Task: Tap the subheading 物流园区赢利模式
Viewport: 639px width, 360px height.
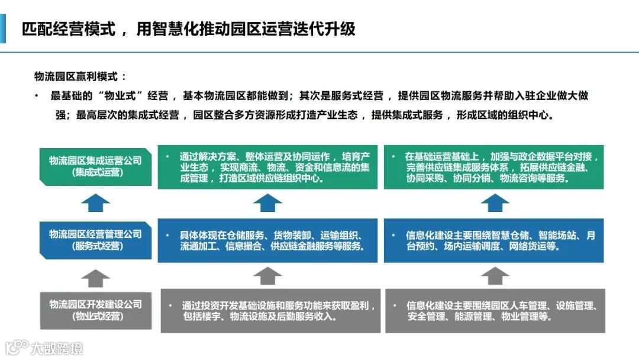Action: pyautogui.click(x=80, y=76)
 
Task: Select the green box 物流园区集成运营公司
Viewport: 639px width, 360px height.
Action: pyautogui.click(x=95, y=166)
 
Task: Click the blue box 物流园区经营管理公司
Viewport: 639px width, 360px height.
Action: pyautogui.click(x=95, y=240)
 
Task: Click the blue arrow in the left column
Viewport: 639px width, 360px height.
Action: pyautogui.click(x=95, y=203)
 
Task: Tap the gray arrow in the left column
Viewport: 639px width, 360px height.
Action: pyautogui.click(x=95, y=277)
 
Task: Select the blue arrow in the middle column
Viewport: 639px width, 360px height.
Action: pyautogui.click(x=267, y=203)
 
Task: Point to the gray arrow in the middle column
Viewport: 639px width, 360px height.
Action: pyautogui.click(x=267, y=276)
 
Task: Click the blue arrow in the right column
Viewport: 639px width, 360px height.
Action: pyautogui.click(x=495, y=203)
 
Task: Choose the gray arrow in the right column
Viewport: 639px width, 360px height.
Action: pyautogui.click(x=495, y=276)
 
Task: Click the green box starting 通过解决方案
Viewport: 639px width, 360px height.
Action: pyautogui.click(x=267, y=166)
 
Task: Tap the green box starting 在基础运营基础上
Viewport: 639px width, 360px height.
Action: pyautogui.click(x=494, y=166)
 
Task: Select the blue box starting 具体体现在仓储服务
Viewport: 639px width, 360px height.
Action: pyautogui.click(x=267, y=240)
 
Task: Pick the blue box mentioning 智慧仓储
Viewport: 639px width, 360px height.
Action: pyautogui.click(x=494, y=240)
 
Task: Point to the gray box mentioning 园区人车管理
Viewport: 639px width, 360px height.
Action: pyautogui.click(x=495, y=310)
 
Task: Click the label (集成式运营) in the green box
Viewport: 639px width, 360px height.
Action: pyautogui.click(x=95, y=172)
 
